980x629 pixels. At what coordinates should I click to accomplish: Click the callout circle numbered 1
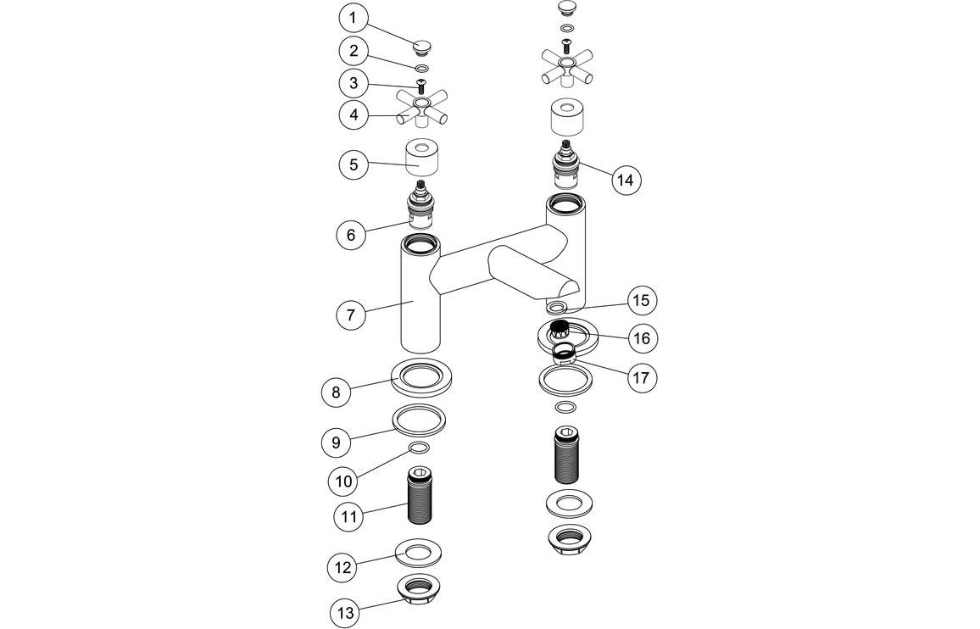click(354, 16)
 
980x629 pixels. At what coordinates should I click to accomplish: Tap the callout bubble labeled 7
click(351, 314)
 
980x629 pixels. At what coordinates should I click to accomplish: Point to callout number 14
click(625, 180)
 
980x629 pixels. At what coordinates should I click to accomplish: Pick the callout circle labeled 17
click(641, 376)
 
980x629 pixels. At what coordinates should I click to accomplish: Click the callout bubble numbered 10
click(344, 481)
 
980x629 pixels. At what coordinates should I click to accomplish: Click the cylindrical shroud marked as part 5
click(421, 159)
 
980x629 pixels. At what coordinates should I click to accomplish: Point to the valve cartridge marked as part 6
click(420, 206)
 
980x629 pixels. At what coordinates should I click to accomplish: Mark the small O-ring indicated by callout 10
click(420, 448)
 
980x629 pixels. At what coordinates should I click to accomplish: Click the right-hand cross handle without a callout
click(566, 68)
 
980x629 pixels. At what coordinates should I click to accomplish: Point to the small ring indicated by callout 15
click(559, 304)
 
